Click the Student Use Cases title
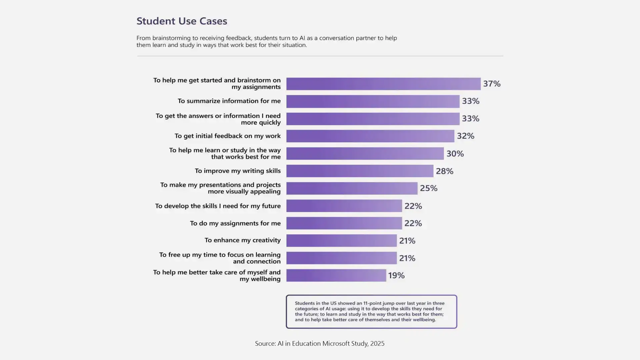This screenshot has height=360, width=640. point(182,21)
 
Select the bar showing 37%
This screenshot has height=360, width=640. point(383,84)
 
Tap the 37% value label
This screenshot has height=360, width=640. point(492,84)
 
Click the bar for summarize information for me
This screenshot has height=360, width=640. point(373,101)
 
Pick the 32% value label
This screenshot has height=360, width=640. point(465,136)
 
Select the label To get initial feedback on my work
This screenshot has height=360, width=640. point(227,136)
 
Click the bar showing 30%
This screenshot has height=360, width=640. point(365,154)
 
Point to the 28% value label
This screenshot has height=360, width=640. point(444,171)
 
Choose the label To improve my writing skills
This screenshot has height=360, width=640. point(237,171)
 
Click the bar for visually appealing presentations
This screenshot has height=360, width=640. point(352,188)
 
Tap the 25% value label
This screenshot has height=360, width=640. point(428,188)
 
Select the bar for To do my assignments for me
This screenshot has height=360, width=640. point(344,223)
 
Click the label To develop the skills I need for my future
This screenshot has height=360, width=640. point(218,206)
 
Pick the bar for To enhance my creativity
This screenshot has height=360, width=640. point(341,241)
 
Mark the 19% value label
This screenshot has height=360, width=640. point(396,275)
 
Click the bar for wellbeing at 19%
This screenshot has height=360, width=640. point(336,275)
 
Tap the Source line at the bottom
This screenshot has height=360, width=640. point(320,343)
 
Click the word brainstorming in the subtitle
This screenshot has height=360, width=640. point(171,38)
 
